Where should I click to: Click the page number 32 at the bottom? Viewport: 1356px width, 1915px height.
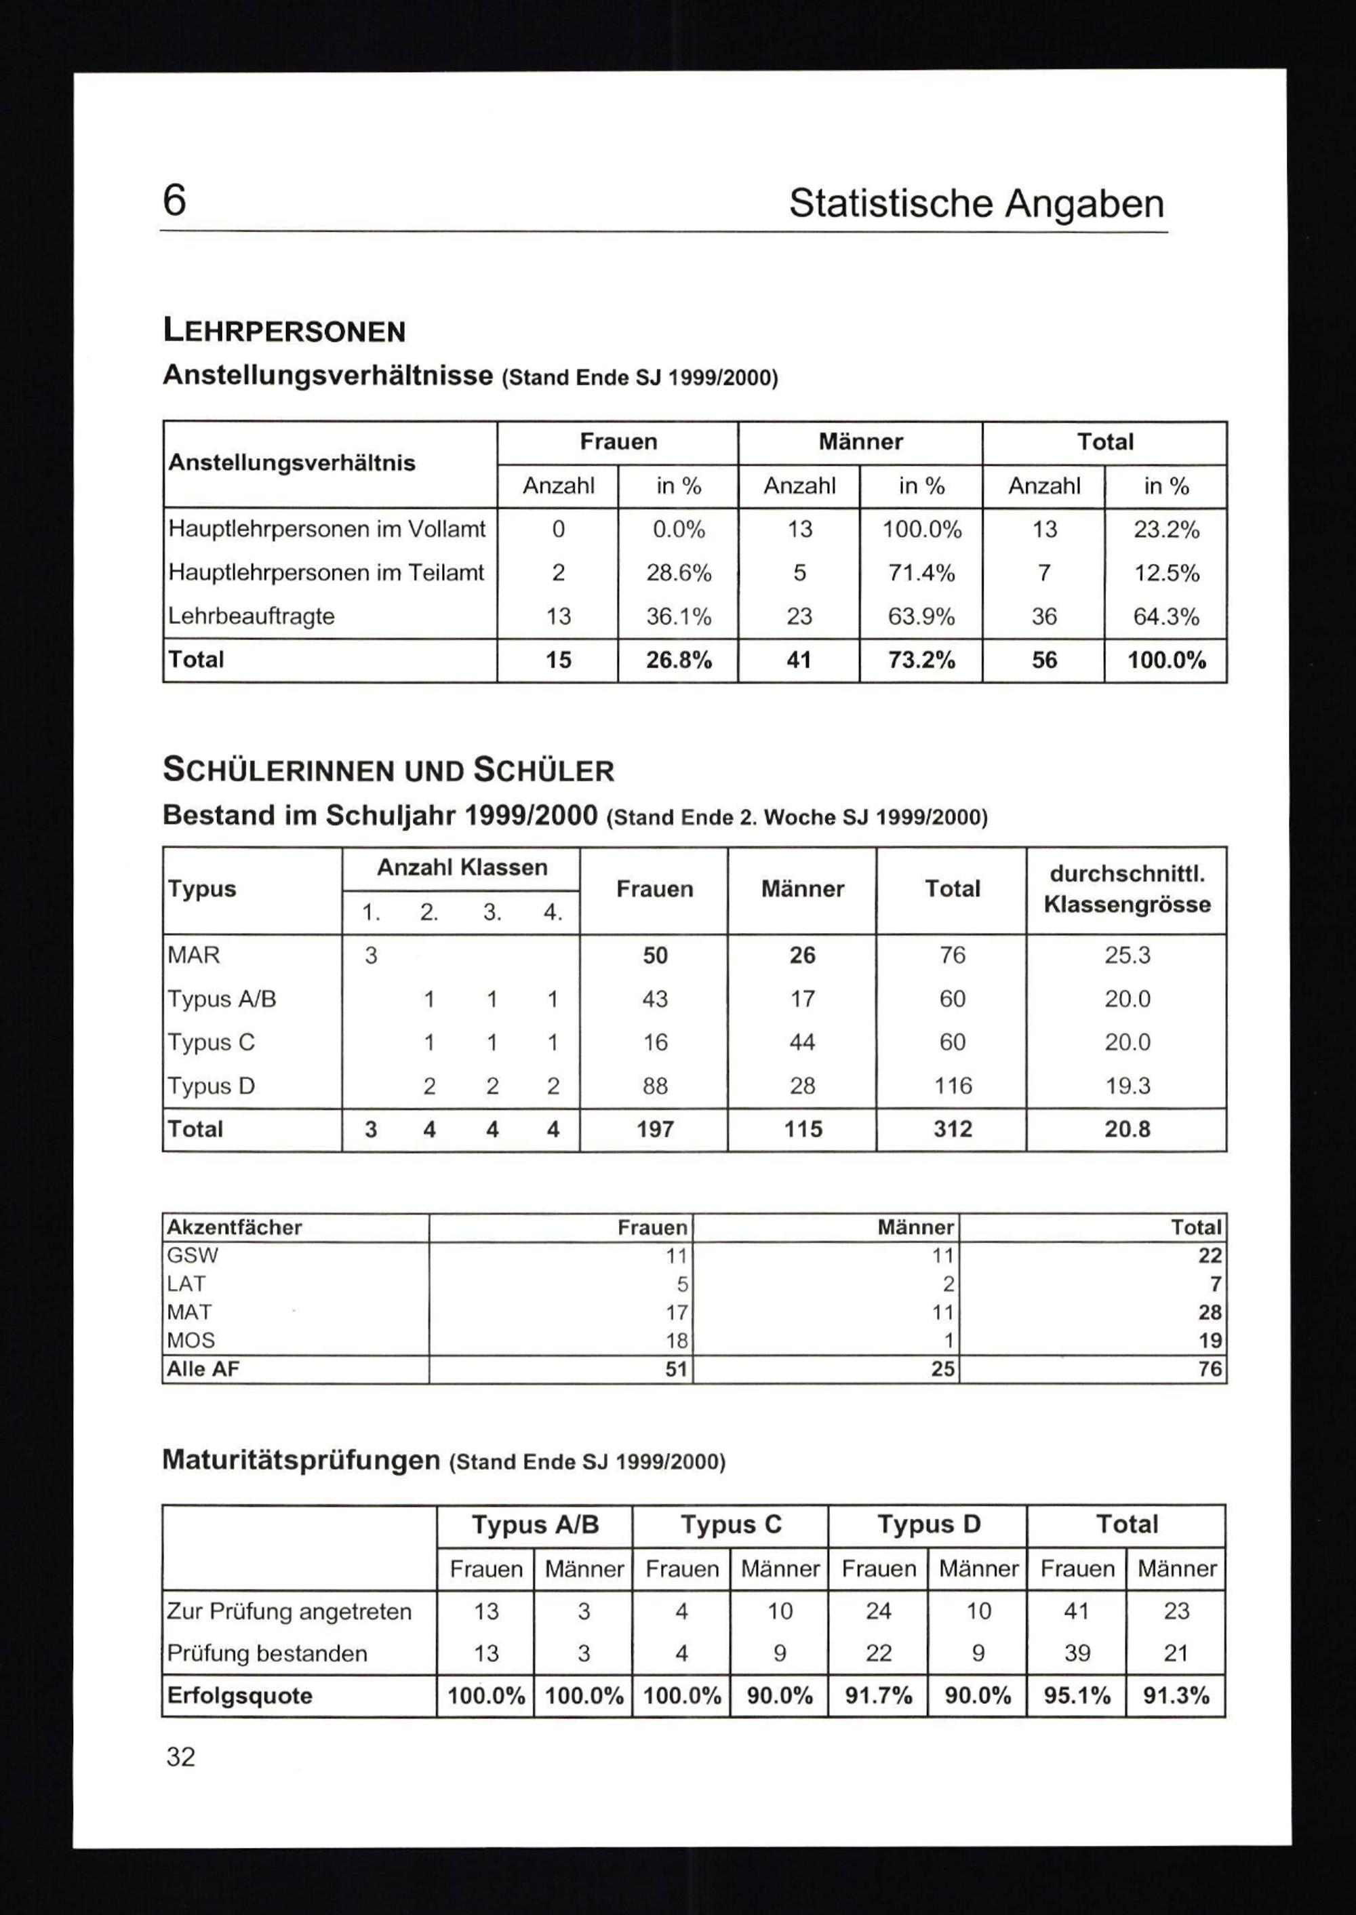(x=180, y=1756)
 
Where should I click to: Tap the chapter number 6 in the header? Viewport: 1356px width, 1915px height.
(x=174, y=201)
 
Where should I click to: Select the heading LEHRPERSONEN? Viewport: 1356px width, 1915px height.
(x=284, y=332)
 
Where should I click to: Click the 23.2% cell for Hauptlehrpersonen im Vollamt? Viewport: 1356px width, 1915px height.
(x=1165, y=530)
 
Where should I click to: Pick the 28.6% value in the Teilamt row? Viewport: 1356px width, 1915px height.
(x=678, y=573)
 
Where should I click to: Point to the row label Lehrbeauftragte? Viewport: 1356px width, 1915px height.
(x=252, y=616)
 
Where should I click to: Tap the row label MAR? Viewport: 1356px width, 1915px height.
(x=194, y=955)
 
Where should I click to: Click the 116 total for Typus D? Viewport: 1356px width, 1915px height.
(x=952, y=1086)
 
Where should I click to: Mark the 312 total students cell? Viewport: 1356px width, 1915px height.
(x=952, y=1129)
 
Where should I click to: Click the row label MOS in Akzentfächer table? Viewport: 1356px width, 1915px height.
(x=191, y=1341)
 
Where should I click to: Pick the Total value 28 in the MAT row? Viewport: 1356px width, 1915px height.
(x=1209, y=1312)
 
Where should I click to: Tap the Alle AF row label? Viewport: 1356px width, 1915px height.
(x=203, y=1369)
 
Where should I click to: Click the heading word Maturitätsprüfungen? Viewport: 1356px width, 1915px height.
(x=300, y=1460)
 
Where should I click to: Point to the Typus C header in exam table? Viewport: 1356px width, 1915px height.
(x=731, y=1524)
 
